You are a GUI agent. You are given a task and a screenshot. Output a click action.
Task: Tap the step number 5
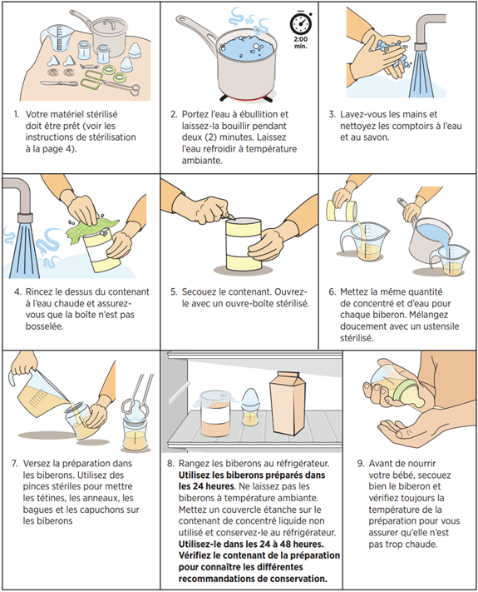[174, 291]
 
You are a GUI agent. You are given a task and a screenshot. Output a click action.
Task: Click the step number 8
[171, 463]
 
